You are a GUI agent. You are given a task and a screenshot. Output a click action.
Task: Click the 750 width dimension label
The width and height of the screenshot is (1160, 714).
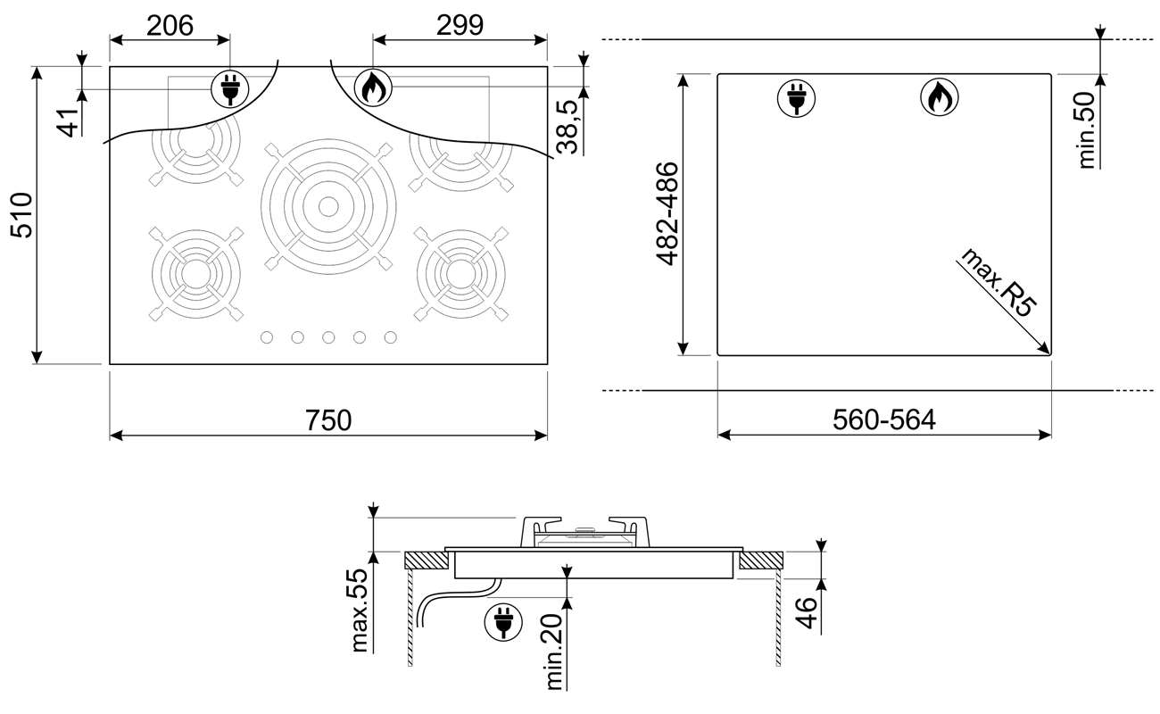[328, 420]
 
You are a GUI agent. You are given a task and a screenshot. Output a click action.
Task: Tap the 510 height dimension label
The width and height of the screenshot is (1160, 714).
[21, 215]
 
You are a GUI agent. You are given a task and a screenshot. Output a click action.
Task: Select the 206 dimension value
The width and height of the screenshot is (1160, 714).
[170, 25]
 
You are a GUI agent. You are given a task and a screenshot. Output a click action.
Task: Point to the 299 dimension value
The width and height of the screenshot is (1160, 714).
[460, 25]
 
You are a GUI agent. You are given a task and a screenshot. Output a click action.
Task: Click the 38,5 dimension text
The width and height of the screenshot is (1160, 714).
[567, 128]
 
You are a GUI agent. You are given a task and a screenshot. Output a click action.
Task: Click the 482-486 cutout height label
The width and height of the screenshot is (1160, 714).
[667, 214]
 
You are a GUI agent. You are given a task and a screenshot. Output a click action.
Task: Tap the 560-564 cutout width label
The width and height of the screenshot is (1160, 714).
[884, 419]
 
